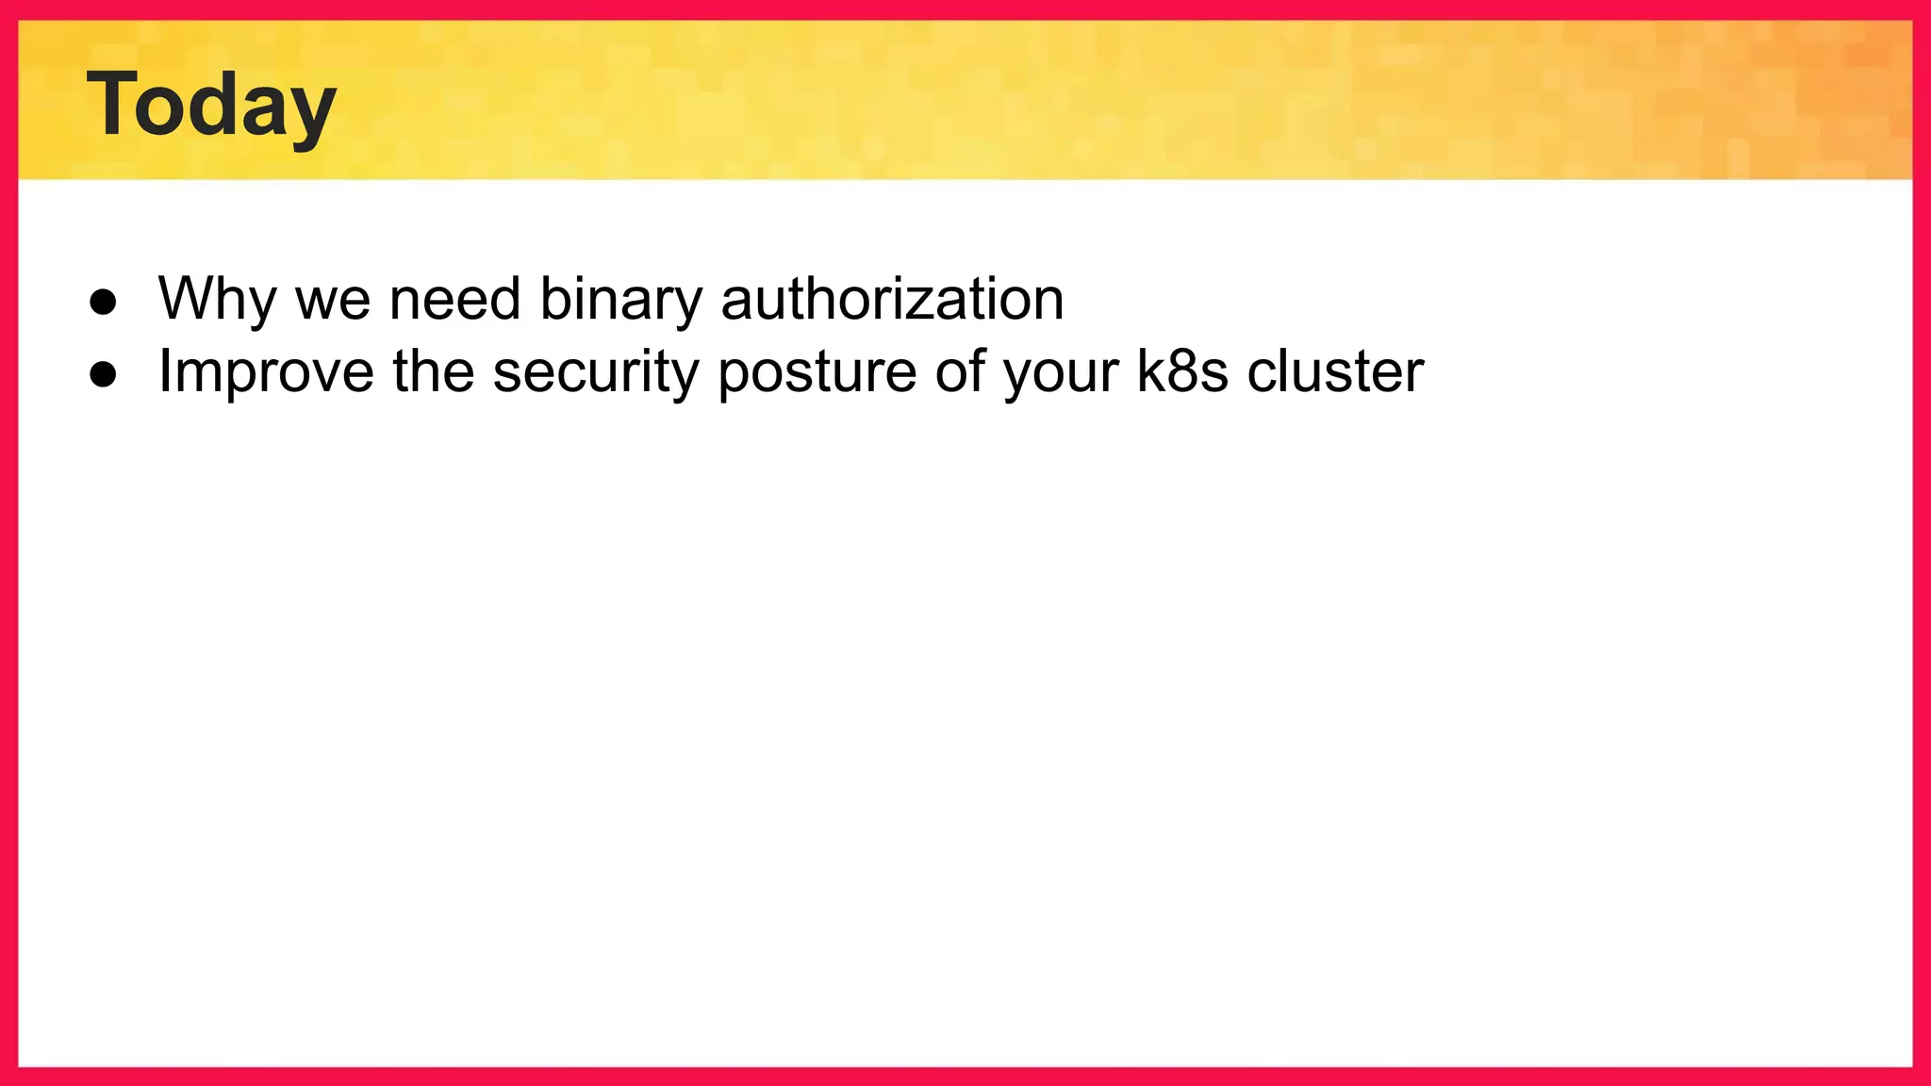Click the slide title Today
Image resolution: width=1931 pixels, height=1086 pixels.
click(211, 106)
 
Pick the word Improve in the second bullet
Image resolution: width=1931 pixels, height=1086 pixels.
click(266, 371)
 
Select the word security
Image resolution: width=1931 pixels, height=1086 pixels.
click(596, 371)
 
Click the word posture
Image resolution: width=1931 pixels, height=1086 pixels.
click(817, 371)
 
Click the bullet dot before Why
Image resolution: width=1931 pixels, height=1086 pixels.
click(103, 302)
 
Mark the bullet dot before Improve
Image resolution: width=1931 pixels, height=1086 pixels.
click(103, 374)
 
